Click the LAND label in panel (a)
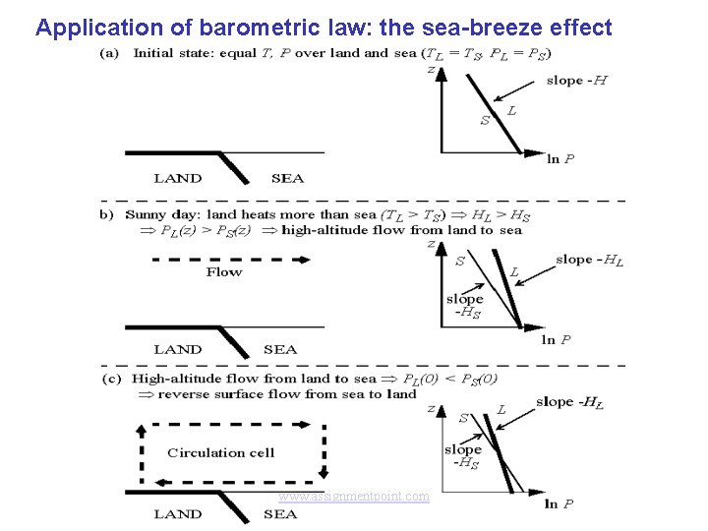coord(178,179)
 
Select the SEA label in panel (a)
coord(287,179)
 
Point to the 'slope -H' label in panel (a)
coord(576,81)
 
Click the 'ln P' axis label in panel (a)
coord(560,159)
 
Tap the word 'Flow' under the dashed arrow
coord(224,272)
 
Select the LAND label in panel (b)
coord(178,350)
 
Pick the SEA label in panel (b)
coord(280,350)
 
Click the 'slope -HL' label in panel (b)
coord(589,261)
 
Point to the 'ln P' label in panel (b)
coord(557,340)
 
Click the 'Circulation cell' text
coord(221,453)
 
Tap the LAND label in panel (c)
coord(178,514)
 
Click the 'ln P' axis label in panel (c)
coord(559,504)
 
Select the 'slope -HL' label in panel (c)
coord(569,403)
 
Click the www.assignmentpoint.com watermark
coord(354,497)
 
